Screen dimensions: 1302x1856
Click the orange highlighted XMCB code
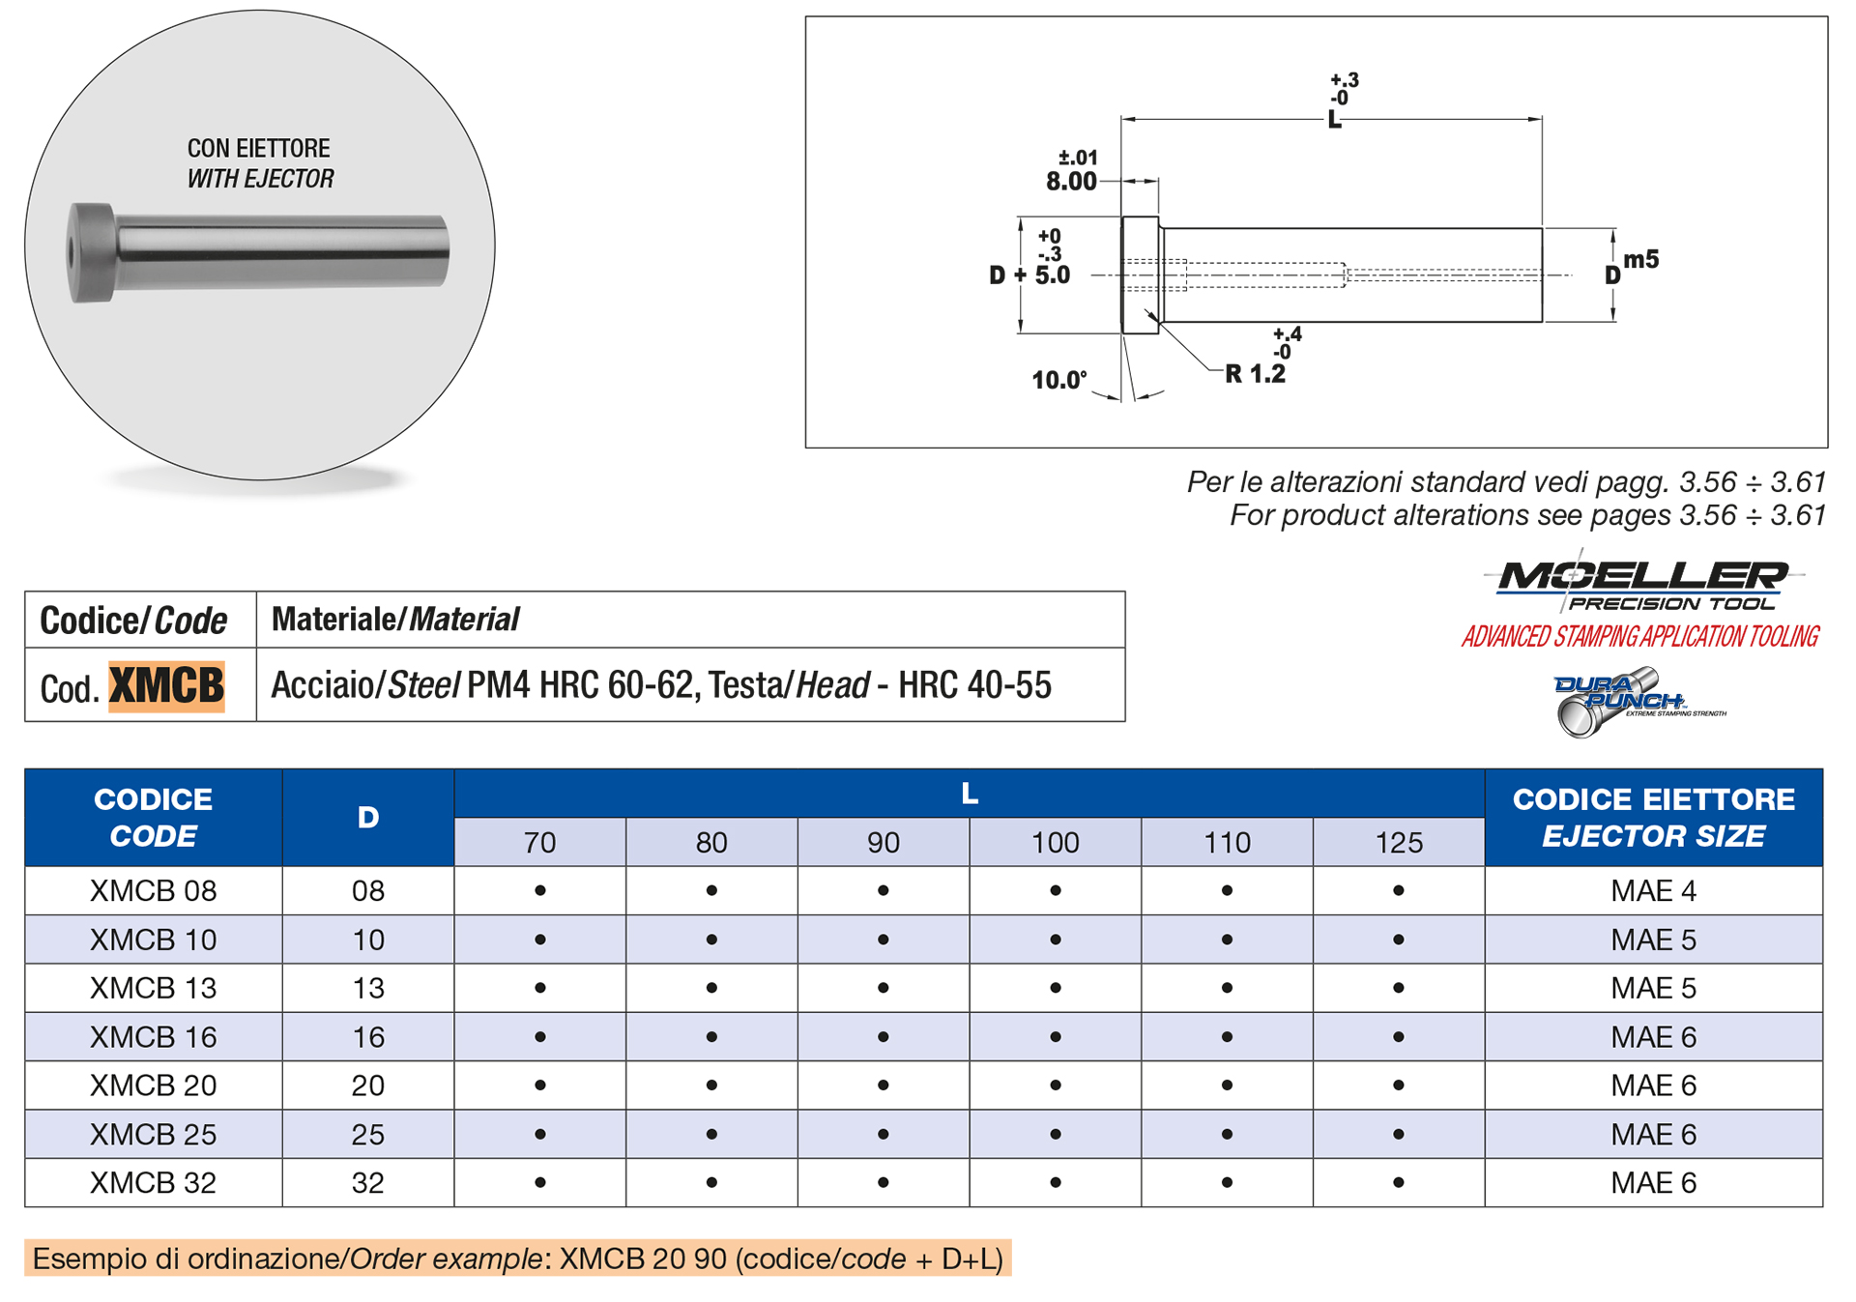166,686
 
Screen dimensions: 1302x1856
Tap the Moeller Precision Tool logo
1643,584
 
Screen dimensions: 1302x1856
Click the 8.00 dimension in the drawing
1071,182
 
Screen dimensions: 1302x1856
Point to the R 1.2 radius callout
1256,374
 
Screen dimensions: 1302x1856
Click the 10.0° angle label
1059,381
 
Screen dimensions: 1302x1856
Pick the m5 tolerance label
1641,259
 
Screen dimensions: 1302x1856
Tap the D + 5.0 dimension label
1030,275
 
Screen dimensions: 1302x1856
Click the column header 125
1399,843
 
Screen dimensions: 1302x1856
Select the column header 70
539,843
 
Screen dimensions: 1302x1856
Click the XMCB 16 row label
153,1037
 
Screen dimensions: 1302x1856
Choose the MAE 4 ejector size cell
1653,891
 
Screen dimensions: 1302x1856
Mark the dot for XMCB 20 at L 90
884,1085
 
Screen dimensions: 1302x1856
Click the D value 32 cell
368,1183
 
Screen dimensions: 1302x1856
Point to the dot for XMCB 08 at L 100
1056,891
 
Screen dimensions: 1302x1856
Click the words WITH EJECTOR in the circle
260,179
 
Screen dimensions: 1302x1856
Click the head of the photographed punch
91,253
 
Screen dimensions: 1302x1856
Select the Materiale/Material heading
395,620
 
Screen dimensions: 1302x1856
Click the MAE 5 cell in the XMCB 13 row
1653,989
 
